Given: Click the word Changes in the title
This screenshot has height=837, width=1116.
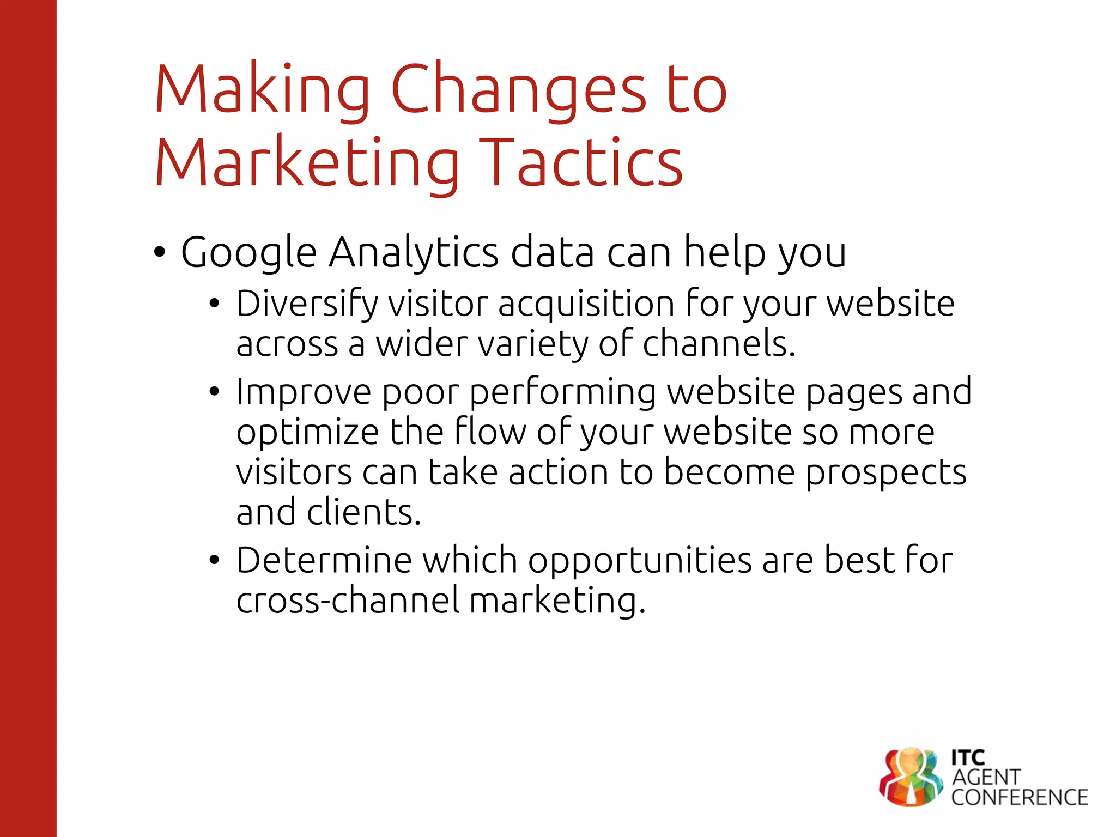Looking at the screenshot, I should tap(518, 90).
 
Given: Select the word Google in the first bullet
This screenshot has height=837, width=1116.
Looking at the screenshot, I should tap(248, 253).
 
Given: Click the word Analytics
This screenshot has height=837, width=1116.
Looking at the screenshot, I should tap(414, 253).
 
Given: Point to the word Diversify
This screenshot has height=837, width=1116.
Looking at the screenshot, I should tap(307, 304).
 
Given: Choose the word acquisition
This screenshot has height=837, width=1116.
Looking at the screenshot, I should tap(586, 304).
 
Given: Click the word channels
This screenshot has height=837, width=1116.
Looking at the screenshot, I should tap(719, 344).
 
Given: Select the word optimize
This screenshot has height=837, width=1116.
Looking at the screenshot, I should tap(307, 432).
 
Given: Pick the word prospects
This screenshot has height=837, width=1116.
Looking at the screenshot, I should tap(885, 472).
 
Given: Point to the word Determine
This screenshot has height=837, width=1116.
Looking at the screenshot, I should tap(324, 560).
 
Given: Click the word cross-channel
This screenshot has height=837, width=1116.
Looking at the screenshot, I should tap(348, 600).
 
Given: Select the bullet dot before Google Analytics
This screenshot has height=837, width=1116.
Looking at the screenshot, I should tap(159, 253).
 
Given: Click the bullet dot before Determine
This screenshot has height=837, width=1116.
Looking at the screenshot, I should tap(214, 560).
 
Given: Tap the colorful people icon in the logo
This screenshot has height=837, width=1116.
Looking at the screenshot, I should tap(911, 777).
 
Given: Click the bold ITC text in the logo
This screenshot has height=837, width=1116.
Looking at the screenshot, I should tap(968, 757).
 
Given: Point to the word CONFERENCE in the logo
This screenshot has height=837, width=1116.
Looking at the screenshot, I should tap(1020, 798).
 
